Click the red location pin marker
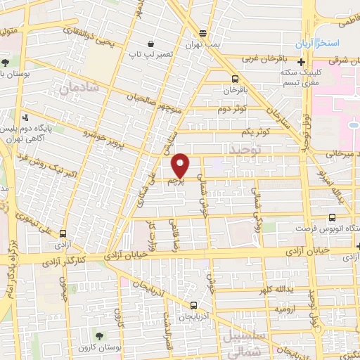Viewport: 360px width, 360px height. click(x=181, y=165)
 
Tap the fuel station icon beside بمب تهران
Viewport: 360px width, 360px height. click(x=203, y=33)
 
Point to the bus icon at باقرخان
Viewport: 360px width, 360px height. click(x=235, y=79)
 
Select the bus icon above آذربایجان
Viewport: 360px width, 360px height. click(x=193, y=304)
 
